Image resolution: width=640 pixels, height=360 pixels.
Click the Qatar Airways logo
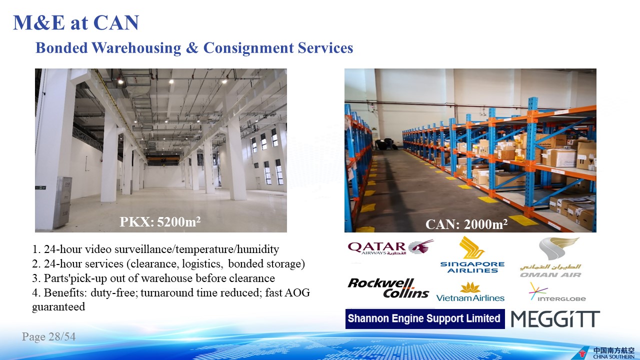(390, 247)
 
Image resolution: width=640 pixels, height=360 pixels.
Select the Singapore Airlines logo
(472, 254)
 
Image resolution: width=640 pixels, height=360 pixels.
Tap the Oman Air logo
(550, 257)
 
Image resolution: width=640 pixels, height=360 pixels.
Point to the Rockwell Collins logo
(388, 288)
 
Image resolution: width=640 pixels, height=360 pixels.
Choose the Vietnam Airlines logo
(470, 291)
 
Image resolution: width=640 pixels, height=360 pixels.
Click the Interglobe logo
(557, 292)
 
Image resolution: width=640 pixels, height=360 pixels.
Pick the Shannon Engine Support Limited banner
(425, 318)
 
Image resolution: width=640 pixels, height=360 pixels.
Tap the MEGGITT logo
(555, 319)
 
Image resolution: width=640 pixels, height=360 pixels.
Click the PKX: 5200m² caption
(160, 221)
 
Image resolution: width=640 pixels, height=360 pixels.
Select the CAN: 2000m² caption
(466, 224)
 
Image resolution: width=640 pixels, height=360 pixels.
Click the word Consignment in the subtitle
(248, 47)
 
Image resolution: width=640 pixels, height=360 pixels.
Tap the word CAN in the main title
(116, 22)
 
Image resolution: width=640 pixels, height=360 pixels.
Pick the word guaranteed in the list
(58, 307)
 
